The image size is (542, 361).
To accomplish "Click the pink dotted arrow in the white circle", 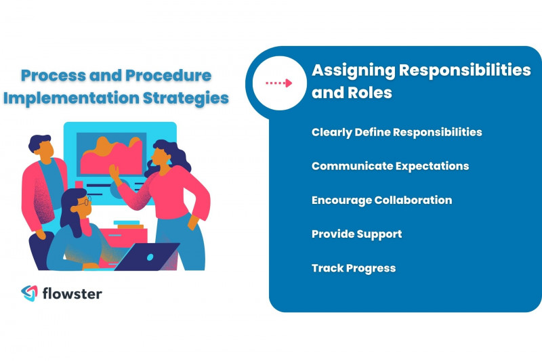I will pyautogui.click(x=278, y=83).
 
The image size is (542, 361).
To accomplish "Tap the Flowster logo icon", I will pyautogui.click(x=29, y=293).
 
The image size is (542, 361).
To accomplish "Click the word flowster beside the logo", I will pyautogui.click(x=72, y=294).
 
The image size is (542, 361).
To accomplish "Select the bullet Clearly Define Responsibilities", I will pyautogui.click(x=396, y=132).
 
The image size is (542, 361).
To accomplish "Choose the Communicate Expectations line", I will pyautogui.click(x=390, y=166).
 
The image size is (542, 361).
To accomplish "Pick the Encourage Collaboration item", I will pyautogui.click(x=381, y=200).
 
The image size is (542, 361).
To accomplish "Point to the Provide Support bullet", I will pyautogui.click(x=356, y=234).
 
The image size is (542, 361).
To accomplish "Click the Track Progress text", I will pyautogui.click(x=353, y=268).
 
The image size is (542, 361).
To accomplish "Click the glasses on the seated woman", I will pyautogui.click(x=82, y=203).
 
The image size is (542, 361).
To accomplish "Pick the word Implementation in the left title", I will pyautogui.click(x=71, y=98).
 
